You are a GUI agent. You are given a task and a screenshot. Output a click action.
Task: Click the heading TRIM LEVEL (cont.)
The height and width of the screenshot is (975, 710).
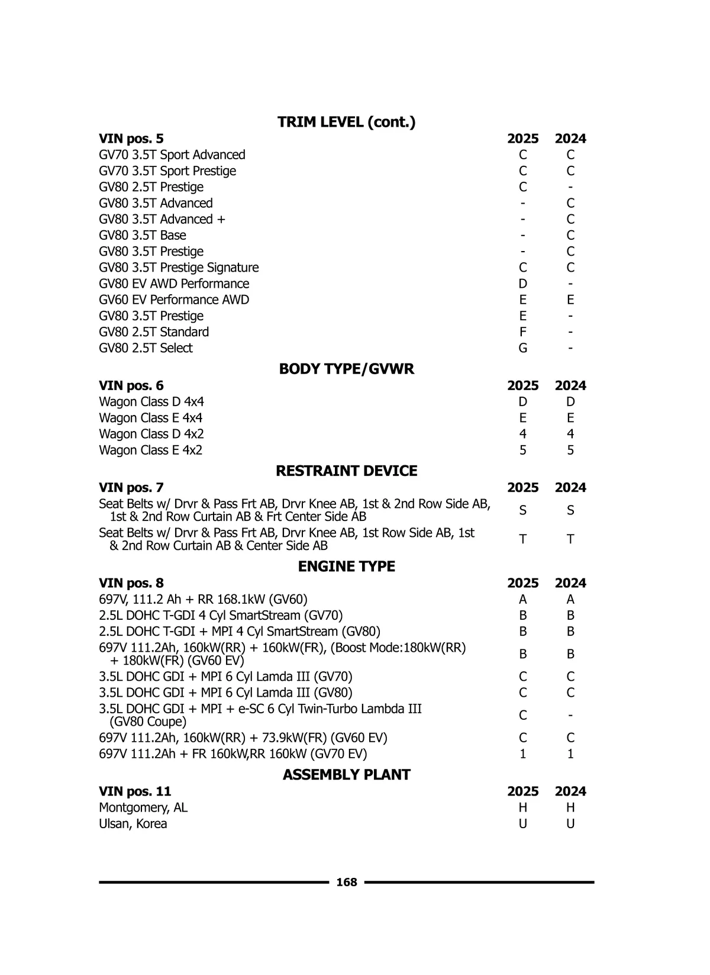(346, 123)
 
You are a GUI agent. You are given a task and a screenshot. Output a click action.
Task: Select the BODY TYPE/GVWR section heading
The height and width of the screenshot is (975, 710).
(346, 369)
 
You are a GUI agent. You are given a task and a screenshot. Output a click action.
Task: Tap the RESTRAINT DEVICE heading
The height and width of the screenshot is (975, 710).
(346, 471)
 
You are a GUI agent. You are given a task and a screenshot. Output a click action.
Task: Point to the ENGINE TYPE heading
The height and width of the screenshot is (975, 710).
(346, 567)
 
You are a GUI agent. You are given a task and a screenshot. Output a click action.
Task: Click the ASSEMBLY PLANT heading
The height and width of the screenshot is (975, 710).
(346, 775)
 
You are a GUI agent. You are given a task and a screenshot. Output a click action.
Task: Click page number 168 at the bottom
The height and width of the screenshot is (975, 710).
(346, 882)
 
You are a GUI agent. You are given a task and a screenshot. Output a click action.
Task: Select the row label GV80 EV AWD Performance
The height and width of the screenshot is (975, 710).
(174, 284)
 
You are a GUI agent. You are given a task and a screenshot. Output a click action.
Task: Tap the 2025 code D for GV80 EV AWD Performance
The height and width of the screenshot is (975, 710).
(522, 284)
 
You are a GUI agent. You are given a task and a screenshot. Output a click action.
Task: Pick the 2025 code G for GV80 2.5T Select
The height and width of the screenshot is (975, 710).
(522, 348)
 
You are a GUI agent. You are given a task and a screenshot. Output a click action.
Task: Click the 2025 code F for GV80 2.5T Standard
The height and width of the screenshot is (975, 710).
(522, 332)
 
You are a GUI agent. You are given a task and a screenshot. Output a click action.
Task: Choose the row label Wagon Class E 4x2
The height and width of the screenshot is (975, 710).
(150, 450)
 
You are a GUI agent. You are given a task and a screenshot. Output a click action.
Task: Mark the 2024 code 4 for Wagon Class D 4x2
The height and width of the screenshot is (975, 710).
(570, 434)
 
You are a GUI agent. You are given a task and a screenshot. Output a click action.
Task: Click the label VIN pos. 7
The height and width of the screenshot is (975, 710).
(131, 488)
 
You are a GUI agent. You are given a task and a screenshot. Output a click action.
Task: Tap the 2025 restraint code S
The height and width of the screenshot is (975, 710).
(522, 510)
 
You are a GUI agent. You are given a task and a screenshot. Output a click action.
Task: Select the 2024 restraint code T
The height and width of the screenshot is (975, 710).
(570, 539)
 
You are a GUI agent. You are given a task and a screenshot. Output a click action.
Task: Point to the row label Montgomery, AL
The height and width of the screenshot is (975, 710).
(143, 807)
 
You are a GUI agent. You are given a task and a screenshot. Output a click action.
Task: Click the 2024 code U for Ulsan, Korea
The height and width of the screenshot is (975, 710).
(570, 823)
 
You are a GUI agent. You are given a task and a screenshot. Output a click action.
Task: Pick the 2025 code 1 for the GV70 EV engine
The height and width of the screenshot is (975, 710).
(522, 754)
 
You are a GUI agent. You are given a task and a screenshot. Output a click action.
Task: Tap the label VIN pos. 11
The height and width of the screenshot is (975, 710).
(135, 791)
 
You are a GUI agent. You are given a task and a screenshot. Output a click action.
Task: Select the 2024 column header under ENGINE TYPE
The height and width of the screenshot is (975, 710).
(570, 583)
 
